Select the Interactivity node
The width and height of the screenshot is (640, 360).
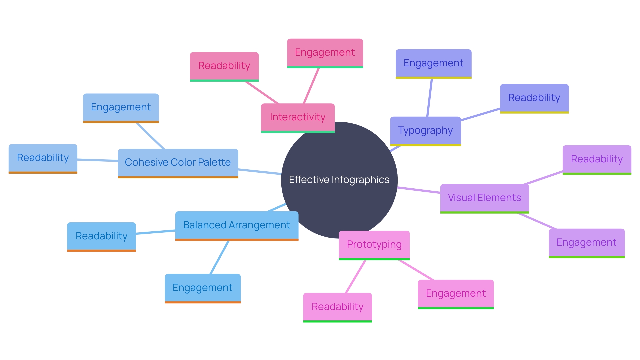tap(298, 117)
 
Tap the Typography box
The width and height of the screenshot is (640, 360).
tap(425, 131)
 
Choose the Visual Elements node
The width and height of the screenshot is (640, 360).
tap(484, 198)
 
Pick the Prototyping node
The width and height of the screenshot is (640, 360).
tap(374, 245)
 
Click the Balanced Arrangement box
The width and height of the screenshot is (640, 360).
tap(237, 225)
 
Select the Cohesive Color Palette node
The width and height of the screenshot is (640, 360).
tap(178, 163)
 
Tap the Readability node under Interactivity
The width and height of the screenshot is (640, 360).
tap(224, 66)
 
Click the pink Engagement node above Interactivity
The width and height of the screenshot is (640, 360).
tap(325, 53)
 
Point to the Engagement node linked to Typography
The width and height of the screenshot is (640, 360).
tap(433, 63)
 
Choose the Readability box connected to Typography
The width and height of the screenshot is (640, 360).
tap(534, 98)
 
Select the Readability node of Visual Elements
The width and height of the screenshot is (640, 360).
tap(597, 159)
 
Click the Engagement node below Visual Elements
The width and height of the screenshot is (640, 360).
tap(586, 243)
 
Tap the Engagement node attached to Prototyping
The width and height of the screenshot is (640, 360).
tap(456, 294)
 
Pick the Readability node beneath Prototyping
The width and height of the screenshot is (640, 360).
tap(337, 307)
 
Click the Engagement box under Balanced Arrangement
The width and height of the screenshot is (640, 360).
tap(203, 288)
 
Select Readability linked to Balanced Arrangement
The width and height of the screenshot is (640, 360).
tap(101, 236)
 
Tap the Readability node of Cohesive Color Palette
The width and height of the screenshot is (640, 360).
tap(43, 158)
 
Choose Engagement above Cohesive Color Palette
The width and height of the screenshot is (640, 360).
tap(121, 107)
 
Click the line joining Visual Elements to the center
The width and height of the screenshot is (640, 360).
tap(419, 190)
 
